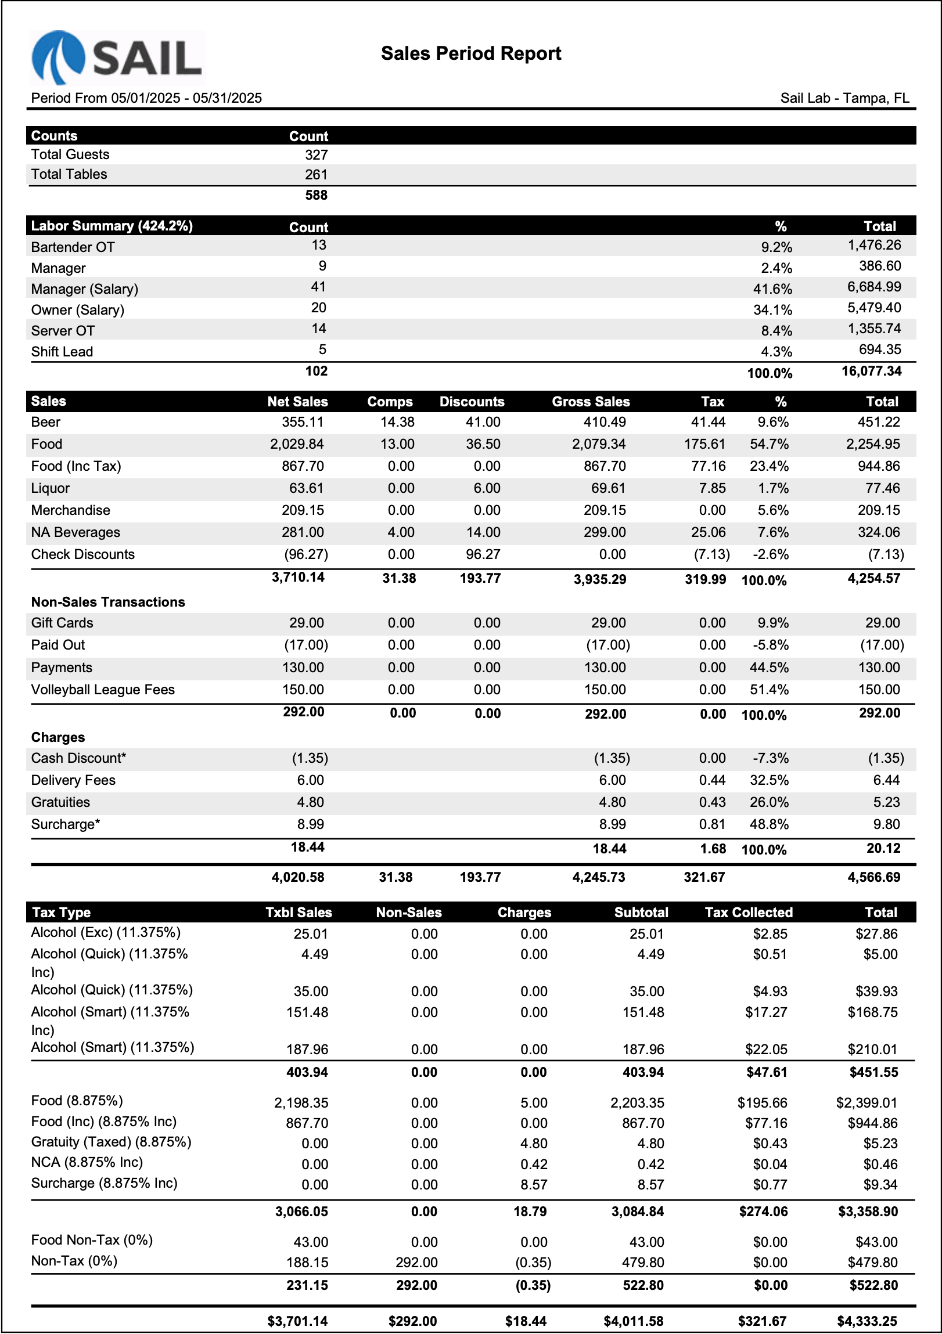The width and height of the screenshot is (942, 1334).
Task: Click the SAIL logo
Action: (x=117, y=58)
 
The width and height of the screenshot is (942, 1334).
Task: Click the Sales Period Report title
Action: (x=470, y=53)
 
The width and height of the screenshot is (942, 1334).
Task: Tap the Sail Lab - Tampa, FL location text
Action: (x=844, y=98)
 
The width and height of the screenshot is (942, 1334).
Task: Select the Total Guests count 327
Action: (x=316, y=154)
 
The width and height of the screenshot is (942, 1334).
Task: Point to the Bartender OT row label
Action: (x=73, y=247)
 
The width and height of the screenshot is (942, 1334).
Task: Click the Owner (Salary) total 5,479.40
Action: (x=874, y=308)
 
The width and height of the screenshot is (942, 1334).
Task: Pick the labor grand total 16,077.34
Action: (x=871, y=372)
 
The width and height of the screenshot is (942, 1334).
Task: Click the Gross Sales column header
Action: (x=591, y=402)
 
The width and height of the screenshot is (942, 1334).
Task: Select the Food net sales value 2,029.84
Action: (x=297, y=444)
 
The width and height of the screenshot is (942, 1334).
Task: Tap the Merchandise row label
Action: (x=70, y=510)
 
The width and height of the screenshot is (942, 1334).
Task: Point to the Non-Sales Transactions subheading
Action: (x=108, y=602)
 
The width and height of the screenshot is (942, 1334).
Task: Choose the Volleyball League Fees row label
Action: (x=103, y=690)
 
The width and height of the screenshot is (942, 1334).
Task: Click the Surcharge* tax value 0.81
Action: (x=713, y=824)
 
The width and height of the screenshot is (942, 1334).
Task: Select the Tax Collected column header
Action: (x=749, y=912)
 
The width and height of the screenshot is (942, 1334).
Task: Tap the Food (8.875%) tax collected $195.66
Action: (x=762, y=1103)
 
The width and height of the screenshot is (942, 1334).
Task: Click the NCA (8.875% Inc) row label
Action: (x=87, y=1162)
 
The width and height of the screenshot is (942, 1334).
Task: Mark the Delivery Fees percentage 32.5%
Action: (x=769, y=780)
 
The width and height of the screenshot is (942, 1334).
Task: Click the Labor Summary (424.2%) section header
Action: (x=112, y=226)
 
